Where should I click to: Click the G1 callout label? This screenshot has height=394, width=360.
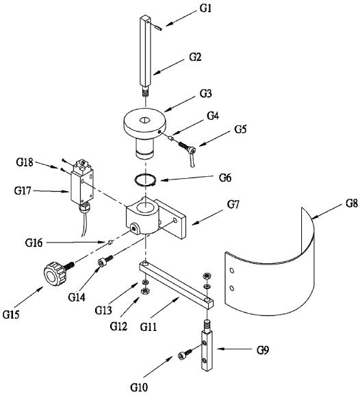(x=205, y=8)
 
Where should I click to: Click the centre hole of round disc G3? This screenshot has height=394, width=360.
(x=144, y=120)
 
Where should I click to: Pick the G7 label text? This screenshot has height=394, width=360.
(x=233, y=205)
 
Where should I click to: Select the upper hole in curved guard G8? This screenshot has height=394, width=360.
(x=232, y=271)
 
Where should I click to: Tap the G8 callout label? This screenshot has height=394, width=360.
(x=352, y=203)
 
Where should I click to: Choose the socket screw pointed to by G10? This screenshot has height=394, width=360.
(x=185, y=354)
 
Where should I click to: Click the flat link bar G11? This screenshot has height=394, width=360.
(x=177, y=284)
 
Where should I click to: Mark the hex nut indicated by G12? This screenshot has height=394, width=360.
(x=144, y=291)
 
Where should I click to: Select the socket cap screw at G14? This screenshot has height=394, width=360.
(x=105, y=260)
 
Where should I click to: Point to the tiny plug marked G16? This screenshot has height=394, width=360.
(x=110, y=243)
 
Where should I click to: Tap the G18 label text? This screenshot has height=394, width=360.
(x=25, y=162)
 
